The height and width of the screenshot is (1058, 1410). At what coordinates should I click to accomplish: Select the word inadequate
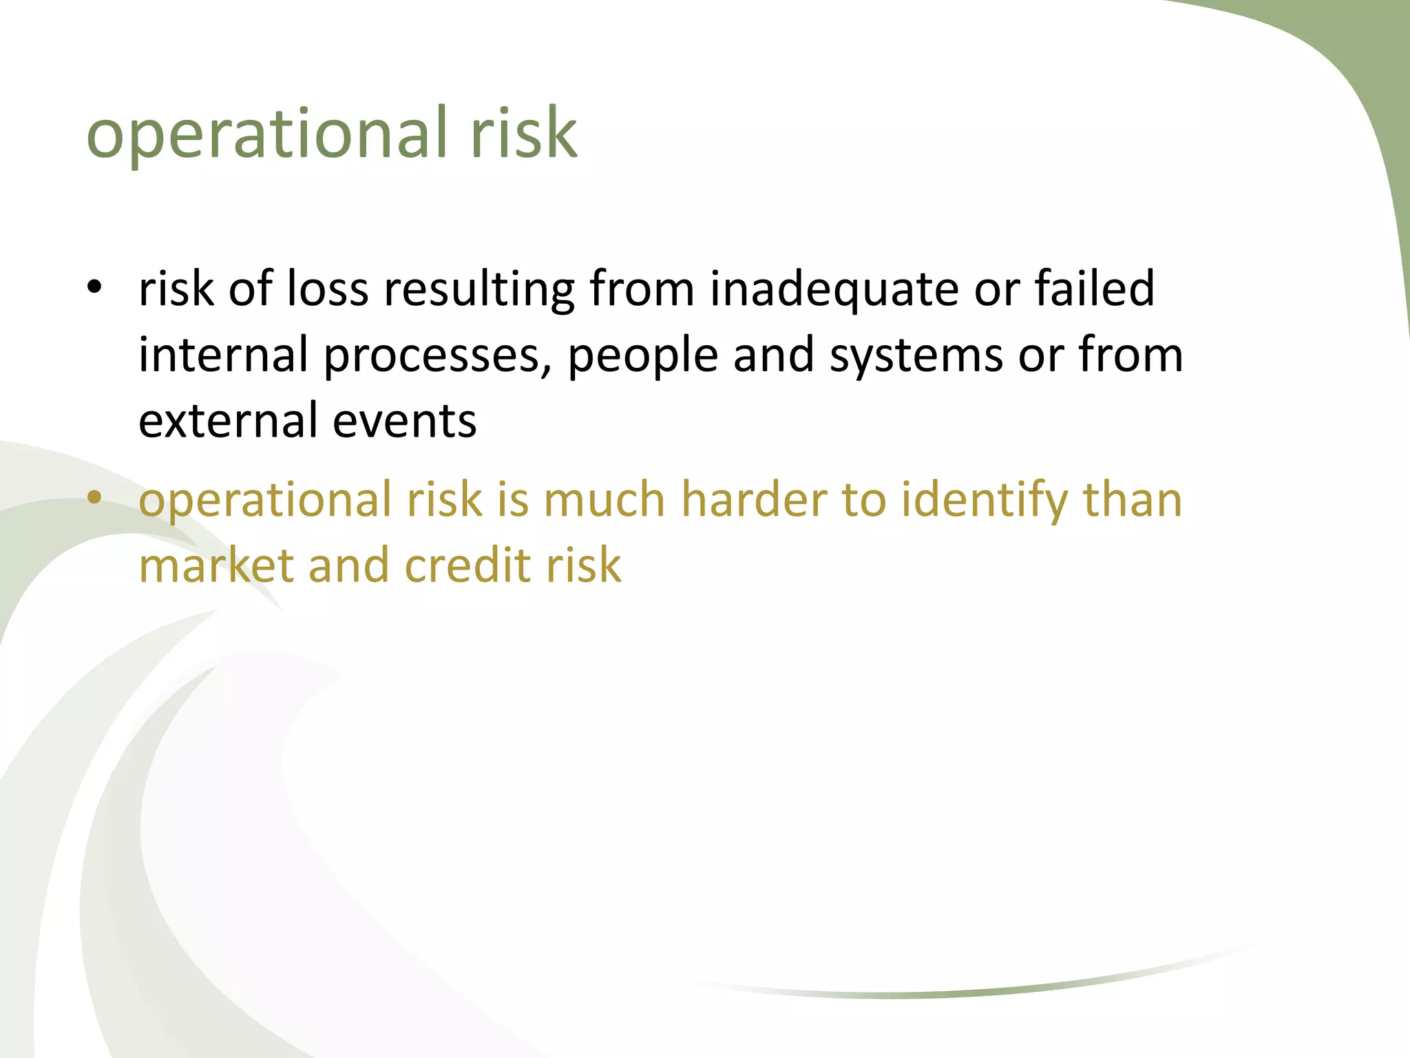pyautogui.click(x=833, y=289)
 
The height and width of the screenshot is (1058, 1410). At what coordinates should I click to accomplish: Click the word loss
pyautogui.click(x=327, y=289)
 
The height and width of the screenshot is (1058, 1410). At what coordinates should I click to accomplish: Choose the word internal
pyautogui.click(x=223, y=355)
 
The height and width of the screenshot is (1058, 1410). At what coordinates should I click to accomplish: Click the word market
pyautogui.click(x=216, y=566)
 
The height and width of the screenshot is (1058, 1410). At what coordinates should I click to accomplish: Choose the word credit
pyautogui.click(x=468, y=566)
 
